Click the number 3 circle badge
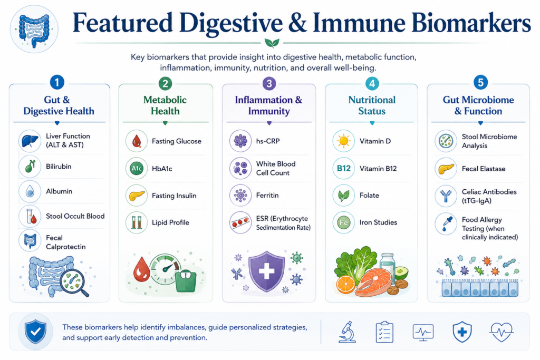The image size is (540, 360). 269,83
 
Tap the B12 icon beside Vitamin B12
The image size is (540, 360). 344,168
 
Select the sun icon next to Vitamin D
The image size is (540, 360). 344,141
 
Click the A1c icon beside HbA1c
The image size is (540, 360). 137,168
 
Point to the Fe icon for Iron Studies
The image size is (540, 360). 344,222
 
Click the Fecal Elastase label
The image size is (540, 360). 484,169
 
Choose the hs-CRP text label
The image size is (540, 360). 267,141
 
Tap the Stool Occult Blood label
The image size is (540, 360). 75,216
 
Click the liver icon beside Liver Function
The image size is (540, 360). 30,141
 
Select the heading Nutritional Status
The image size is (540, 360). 372,105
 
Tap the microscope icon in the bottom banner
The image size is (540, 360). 347,332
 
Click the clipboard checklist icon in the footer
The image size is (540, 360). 384,332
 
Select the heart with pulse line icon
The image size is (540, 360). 502,332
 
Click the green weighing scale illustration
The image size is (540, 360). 186,280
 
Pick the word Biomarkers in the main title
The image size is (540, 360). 471,23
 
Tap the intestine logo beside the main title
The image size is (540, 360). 34,30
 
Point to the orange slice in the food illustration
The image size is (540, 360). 345,285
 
